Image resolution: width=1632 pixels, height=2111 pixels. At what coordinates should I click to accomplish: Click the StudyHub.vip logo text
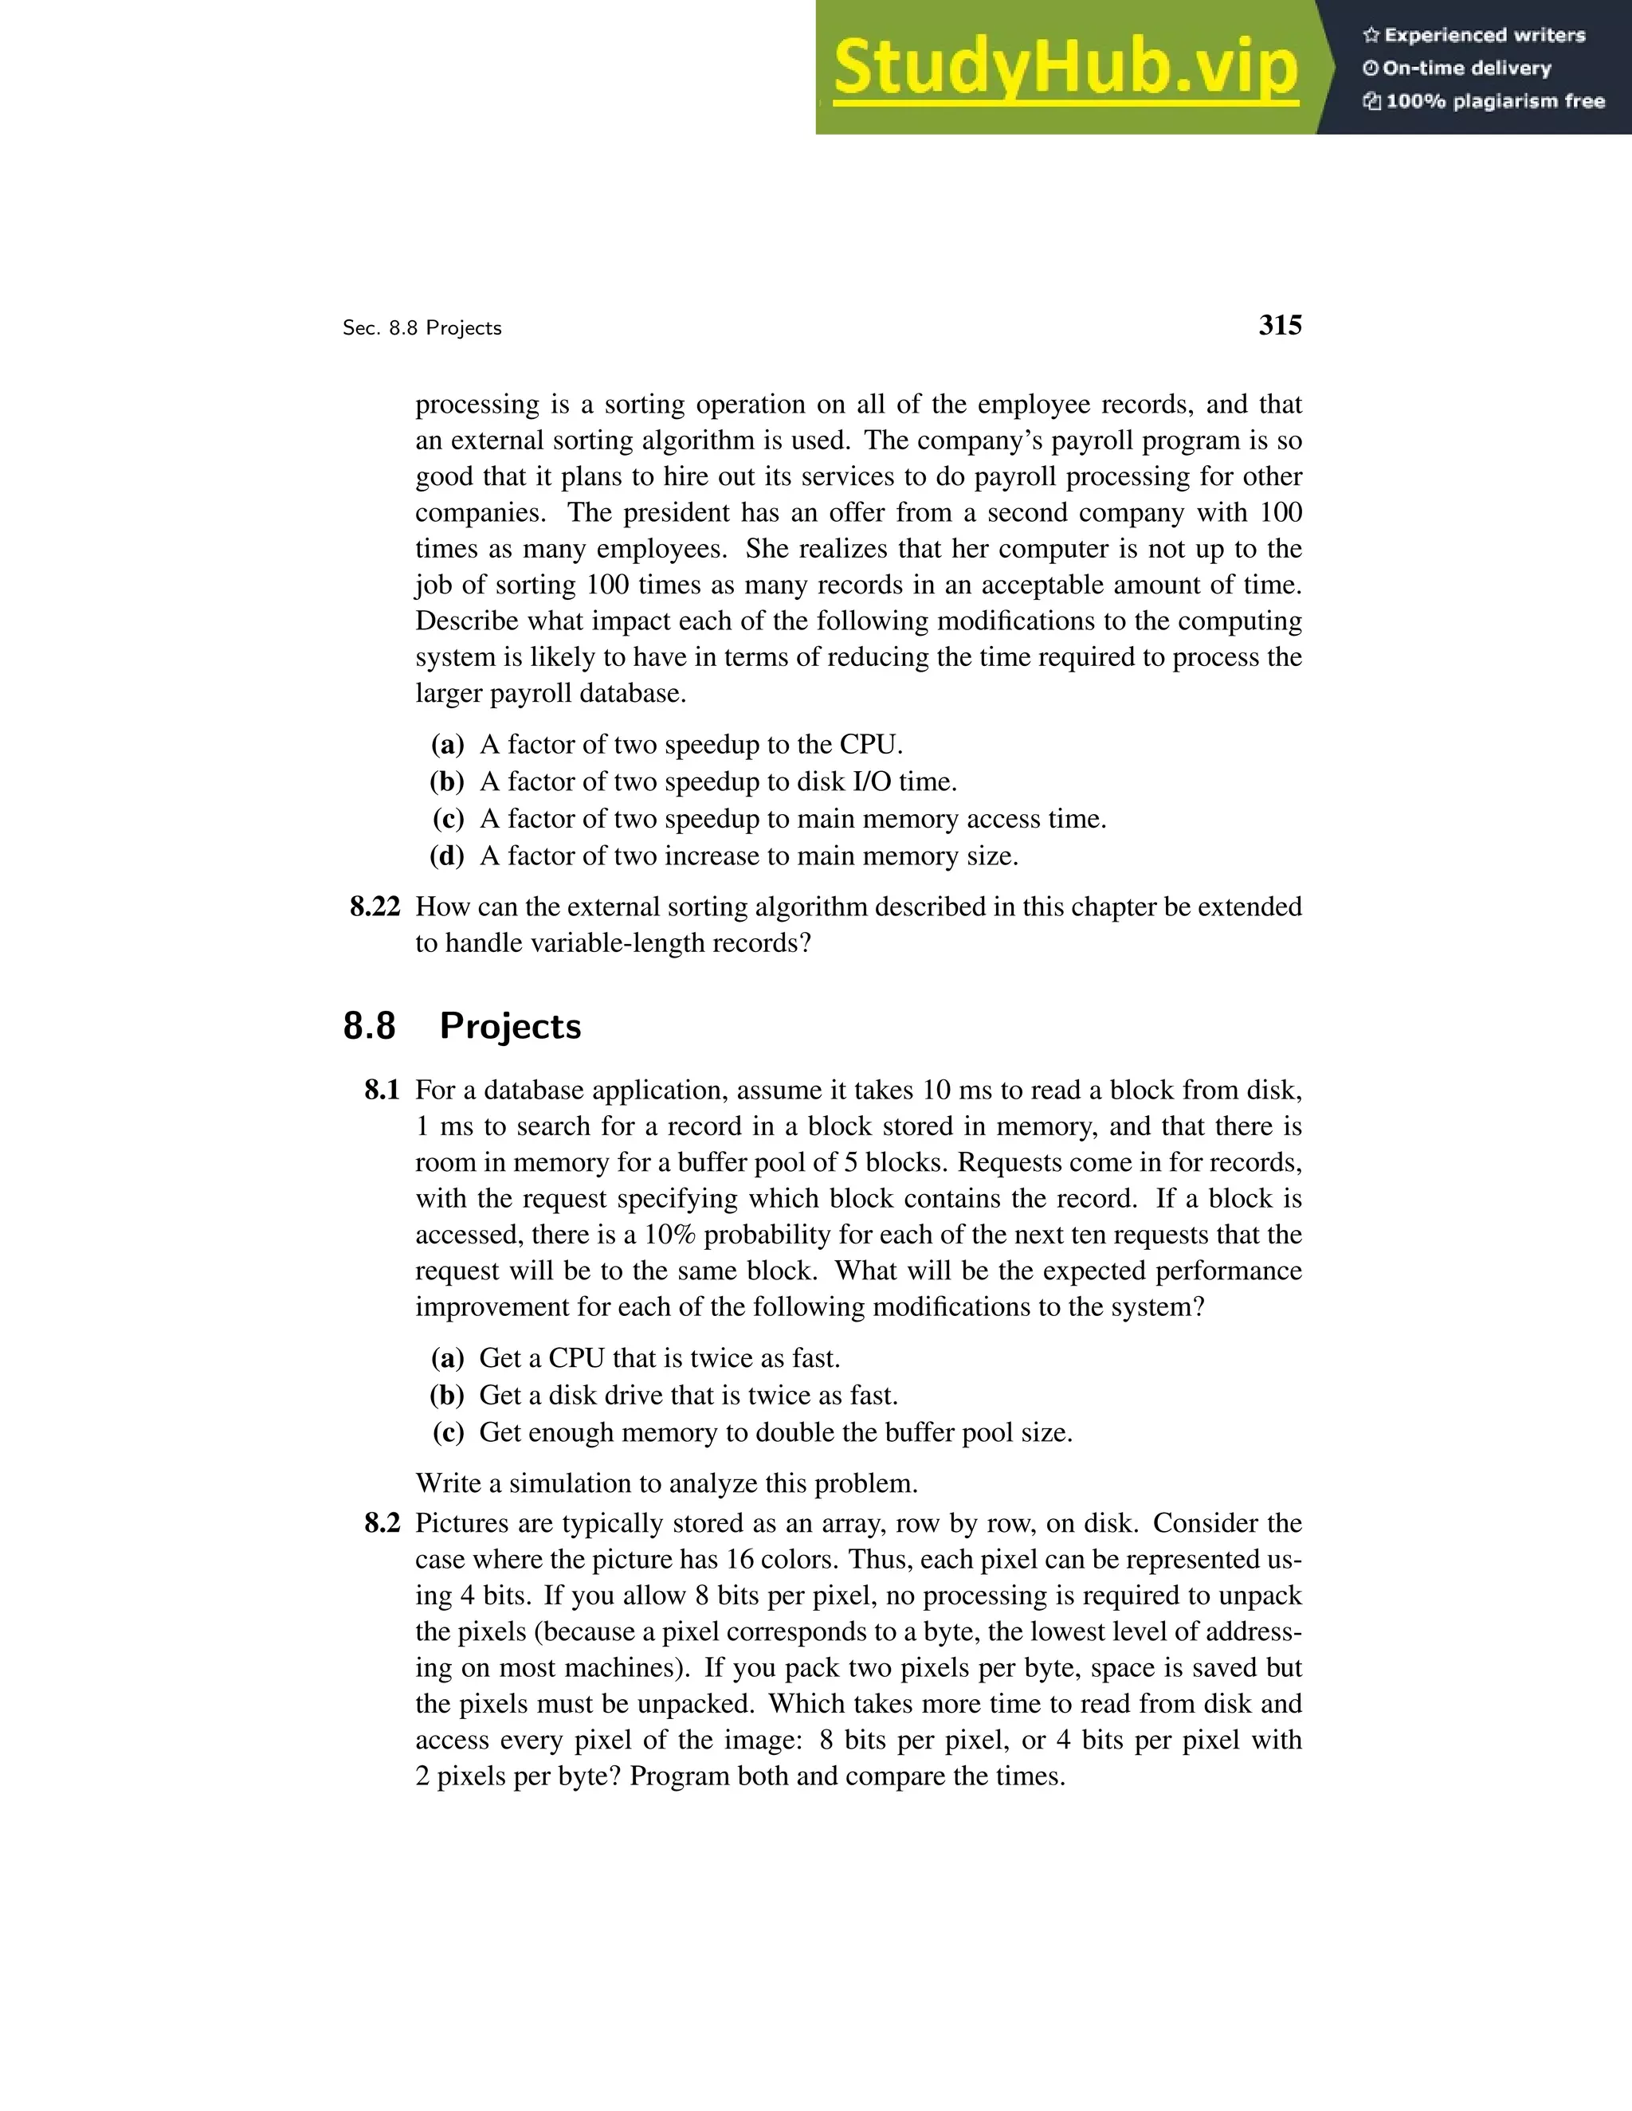[x=1065, y=68]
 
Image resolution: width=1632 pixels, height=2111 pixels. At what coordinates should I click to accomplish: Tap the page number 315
[x=1279, y=326]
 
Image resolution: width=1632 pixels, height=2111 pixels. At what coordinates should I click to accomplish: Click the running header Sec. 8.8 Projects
[x=422, y=329]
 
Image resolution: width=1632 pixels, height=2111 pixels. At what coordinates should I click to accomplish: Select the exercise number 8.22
[x=375, y=907]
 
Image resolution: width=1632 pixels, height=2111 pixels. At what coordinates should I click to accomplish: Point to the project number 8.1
[x=381, y=1091]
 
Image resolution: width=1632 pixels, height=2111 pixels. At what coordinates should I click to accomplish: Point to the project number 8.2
[x=381, y=1523]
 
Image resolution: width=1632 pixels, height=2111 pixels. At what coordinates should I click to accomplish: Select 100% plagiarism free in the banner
[x=1494, y=101]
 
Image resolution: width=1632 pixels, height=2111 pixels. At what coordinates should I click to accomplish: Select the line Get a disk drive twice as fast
[x=688, y=1396]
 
